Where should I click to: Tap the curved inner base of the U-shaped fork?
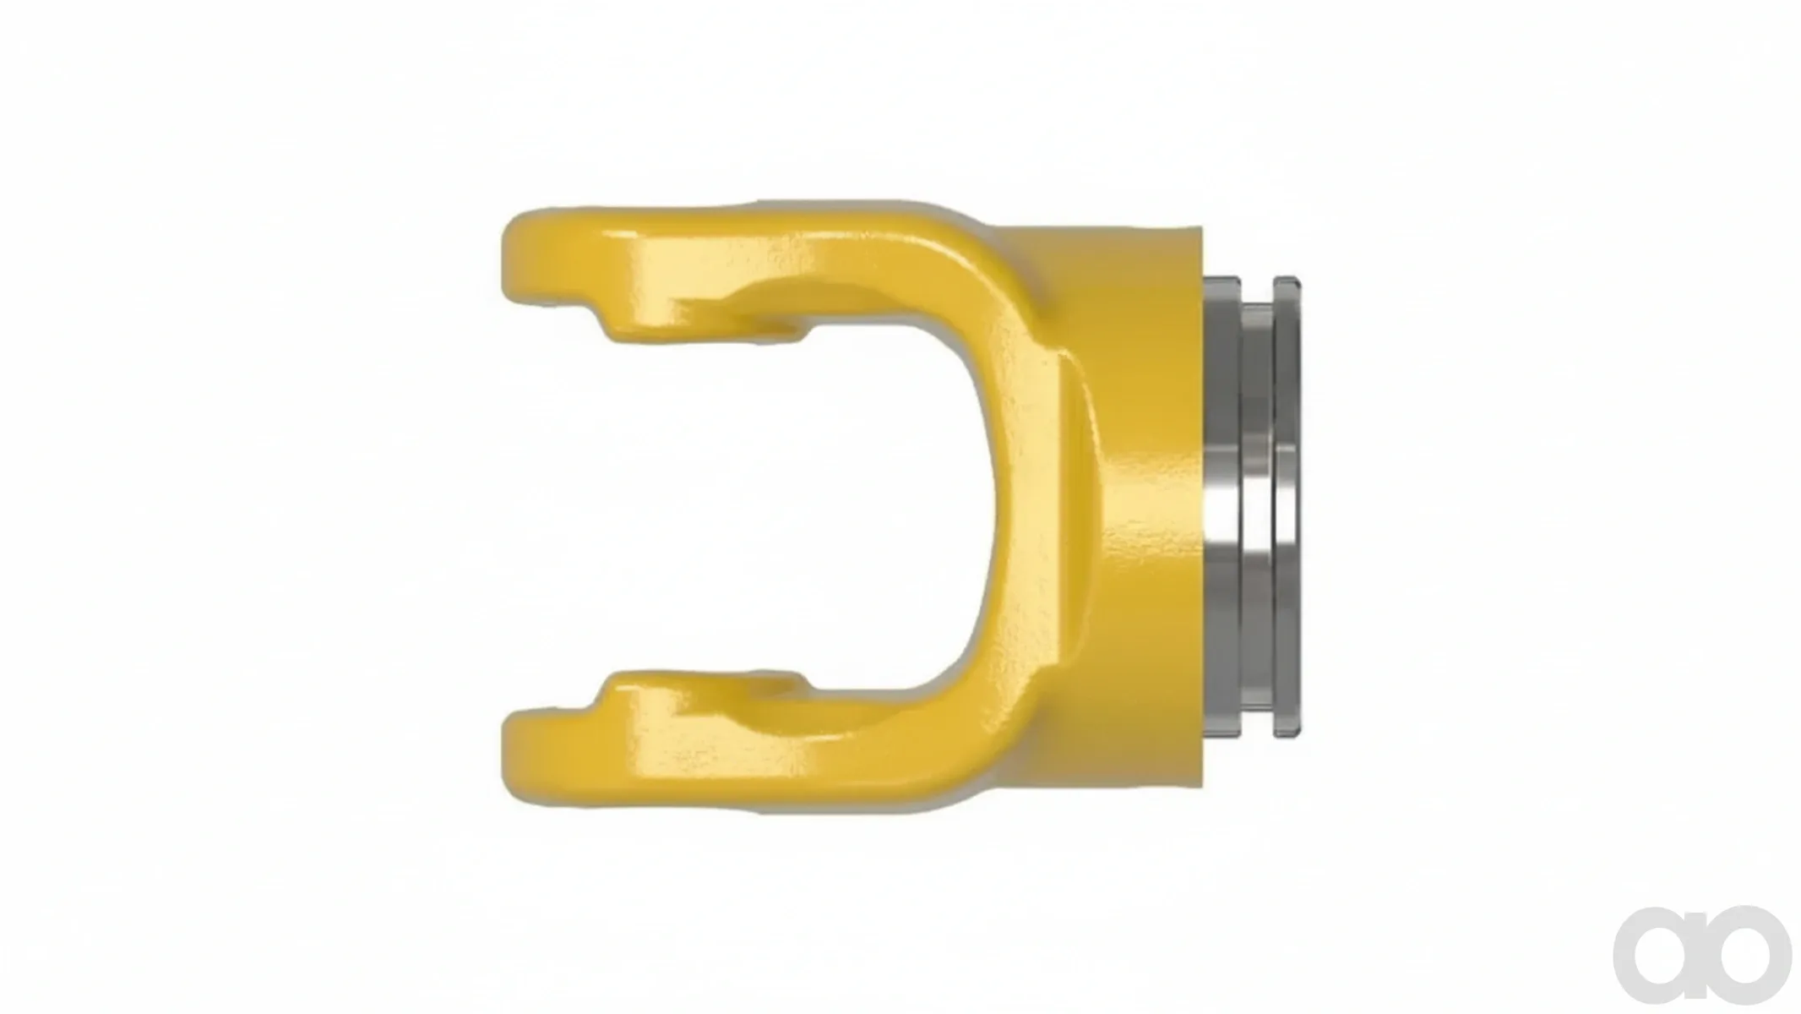pyautogui.click(x=997, y=507)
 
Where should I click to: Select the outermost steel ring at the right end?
pyautogui.click(x=1286, y=507)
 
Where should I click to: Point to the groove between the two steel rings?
pyautogui.click(x=1257, y=507)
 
